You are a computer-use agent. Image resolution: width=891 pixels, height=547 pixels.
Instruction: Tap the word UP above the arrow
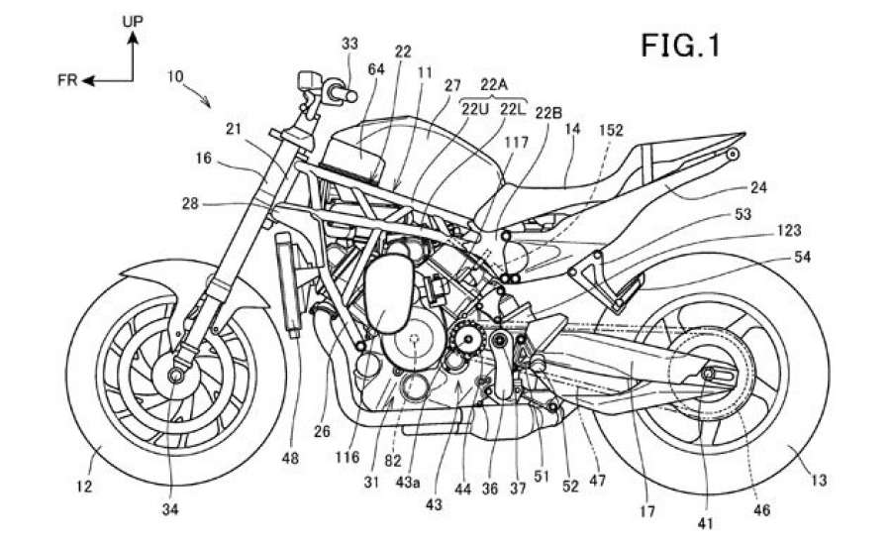[x=134, y=20]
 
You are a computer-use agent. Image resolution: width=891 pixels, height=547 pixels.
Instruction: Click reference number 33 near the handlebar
[x=349, y=43]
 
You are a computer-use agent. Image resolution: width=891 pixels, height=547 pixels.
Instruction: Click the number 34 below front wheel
[x=172, y=512]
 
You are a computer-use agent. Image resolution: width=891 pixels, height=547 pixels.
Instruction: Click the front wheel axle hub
[x=179, y=376]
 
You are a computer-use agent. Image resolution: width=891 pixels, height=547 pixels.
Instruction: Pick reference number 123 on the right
[x=789, y=230]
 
